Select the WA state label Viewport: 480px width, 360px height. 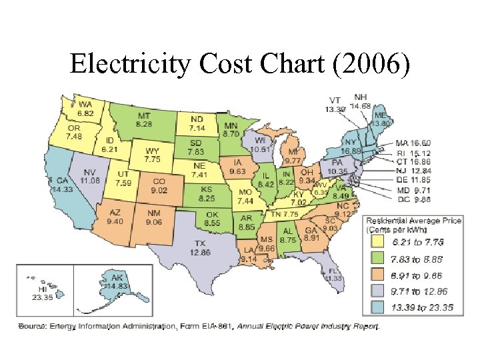click(x=85, y=105)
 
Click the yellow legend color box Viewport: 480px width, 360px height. click(x=377, y=241)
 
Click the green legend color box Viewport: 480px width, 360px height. click(x=377, y=258)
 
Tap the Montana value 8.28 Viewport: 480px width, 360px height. click(x=143, y=124)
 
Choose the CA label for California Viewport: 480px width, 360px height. click(x=63, y=181)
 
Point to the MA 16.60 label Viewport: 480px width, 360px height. click(x=413, y=143)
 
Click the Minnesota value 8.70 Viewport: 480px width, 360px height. click(x=231, y=133)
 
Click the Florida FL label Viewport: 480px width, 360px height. click(x=333, y=271)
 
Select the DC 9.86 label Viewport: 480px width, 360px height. click(x=413, y=199)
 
